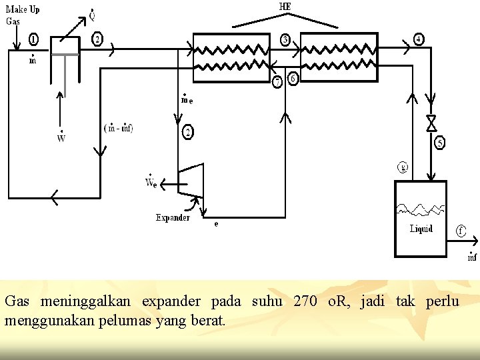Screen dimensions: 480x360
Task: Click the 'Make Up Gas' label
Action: point(22,15)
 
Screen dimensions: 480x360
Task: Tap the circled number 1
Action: point(33,40)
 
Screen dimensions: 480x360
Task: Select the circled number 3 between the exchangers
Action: point(285,40)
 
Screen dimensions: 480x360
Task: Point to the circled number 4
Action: point(419,39)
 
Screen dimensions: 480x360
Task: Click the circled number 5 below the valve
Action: point(440,142)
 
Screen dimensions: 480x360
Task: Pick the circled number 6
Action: point(292,79)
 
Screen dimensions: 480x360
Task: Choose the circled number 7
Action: point(278,83)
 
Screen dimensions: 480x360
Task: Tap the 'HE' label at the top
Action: point(285,7)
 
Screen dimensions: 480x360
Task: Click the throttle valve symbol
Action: point(431,123)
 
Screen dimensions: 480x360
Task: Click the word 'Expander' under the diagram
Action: point(173,217)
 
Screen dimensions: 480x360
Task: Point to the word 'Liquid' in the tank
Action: point(421,229)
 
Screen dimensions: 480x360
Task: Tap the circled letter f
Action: point(461,231)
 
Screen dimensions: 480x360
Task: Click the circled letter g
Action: point(403,167)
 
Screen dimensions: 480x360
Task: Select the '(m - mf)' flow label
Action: point(119,128)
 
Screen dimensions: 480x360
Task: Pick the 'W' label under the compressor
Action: point(61,139)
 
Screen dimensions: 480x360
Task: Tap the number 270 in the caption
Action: point(305,301)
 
